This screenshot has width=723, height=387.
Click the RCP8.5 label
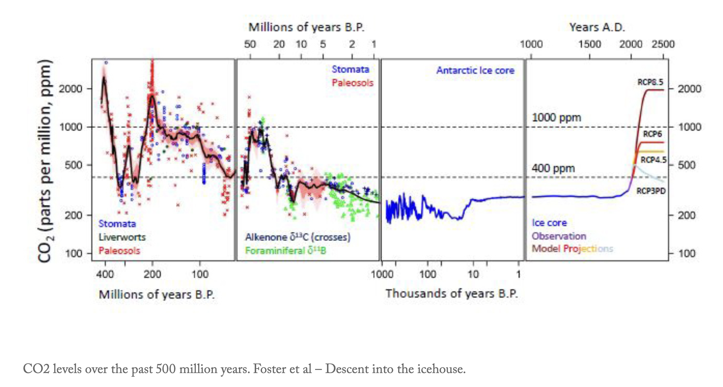coord(650,82)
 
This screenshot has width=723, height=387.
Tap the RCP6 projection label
coord(652,134)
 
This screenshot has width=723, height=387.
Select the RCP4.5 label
coord(653,160)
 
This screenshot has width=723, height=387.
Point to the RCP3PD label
coord(651,191)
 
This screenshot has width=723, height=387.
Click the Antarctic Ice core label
coord(475,70)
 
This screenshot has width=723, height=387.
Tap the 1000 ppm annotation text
coord(556,117)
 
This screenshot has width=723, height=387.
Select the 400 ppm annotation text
coord(553,168)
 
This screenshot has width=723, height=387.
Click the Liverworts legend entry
coord(122,237)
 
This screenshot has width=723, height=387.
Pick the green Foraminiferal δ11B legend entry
coord(285,251)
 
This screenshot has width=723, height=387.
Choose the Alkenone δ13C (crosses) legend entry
coord(298,237)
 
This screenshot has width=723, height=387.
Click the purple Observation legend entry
coord(559,236)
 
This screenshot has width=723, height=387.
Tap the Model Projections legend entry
coord(572,249)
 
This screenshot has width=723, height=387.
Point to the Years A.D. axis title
coord(597,27)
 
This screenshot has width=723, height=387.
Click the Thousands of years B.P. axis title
coord(452,294)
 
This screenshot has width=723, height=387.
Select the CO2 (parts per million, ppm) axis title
coord(46,160)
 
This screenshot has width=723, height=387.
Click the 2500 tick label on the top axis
coord(663,44)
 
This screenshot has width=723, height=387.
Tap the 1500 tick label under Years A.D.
coord(590,44)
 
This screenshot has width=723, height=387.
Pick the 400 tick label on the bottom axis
coord(105,274)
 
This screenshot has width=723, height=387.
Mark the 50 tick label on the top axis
coord(250,44)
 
